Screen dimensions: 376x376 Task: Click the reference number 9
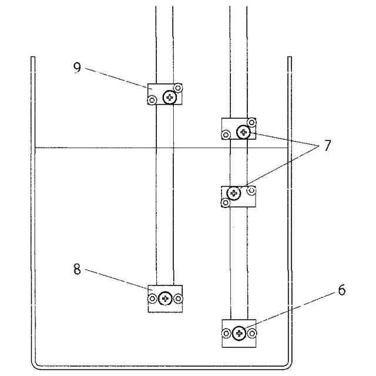[77, 66]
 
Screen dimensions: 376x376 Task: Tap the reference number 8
[77, 269]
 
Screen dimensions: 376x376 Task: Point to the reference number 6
[342, 290]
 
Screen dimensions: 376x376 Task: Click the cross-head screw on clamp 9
[170, 98]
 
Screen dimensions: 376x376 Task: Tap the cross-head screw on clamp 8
[166, 299]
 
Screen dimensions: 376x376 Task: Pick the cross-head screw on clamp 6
[239, 334]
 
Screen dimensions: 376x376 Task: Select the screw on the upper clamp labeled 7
[243, 133]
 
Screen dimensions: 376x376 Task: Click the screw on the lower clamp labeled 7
[234, 193]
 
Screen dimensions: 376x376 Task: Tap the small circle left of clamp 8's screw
[152, 299]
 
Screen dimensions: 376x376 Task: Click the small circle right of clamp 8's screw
[179, 299]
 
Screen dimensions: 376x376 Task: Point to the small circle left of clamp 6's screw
[226, 334]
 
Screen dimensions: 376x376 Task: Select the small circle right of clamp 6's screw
[251, 334]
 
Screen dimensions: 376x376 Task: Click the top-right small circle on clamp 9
[179, 88]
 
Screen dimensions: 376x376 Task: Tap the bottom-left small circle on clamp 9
[152, 100]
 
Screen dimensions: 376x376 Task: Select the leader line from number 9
[117, 78]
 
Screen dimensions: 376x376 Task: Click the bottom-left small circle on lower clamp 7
[225, 203]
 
